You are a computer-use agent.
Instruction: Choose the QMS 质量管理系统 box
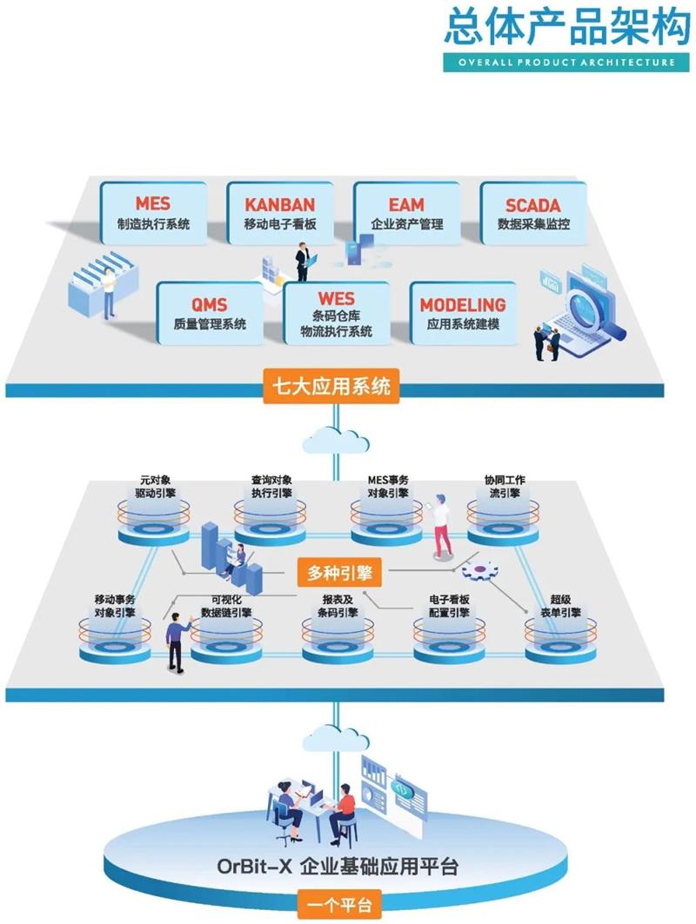(210, 313)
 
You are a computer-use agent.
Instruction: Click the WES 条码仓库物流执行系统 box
(336, 313)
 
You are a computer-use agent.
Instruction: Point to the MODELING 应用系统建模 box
(462, 313)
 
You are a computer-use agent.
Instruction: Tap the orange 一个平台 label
(339, 905)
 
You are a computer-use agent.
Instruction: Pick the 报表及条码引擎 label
(339, 606)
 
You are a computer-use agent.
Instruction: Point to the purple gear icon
(478, 572)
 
